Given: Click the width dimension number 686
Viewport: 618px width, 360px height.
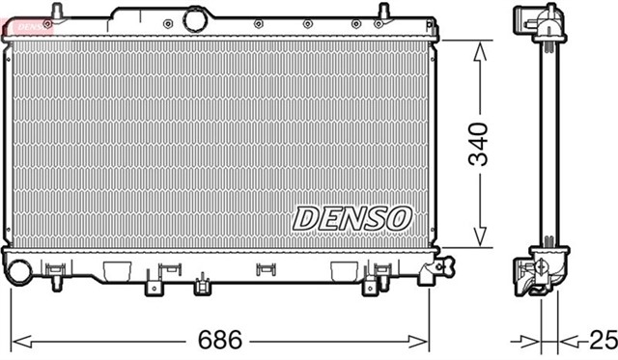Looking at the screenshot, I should click(222, 341).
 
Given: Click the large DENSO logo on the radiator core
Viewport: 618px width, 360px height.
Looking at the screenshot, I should click(352, 219).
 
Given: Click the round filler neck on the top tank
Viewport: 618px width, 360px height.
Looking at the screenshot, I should click(195, 18).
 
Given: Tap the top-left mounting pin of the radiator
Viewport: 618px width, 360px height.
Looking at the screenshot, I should click(57, 12).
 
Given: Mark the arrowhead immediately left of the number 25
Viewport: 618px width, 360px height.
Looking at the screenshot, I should click(530, 341).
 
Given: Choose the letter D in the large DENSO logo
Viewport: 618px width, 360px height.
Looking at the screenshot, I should click(305, 219).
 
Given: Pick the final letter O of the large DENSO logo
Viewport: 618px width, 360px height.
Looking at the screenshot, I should click(400, 219).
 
